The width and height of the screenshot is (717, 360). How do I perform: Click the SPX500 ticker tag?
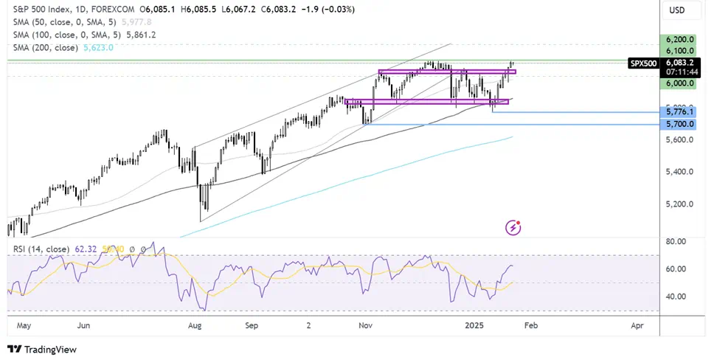tap(642, 63)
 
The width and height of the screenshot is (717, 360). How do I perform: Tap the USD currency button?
tap(675, 10)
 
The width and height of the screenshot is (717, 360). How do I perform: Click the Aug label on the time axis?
tap(195, 325)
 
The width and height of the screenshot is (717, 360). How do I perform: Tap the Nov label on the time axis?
tap(364, 325)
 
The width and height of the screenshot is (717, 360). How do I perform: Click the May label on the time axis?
tap(24, 325)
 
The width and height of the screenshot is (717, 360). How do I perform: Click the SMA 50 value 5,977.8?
tap(140, 22)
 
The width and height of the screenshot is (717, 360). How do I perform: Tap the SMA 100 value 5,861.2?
tap(142, 35)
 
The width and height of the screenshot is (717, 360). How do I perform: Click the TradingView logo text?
tap(51, 350)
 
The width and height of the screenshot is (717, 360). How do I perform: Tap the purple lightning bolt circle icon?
tap(513, 227)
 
